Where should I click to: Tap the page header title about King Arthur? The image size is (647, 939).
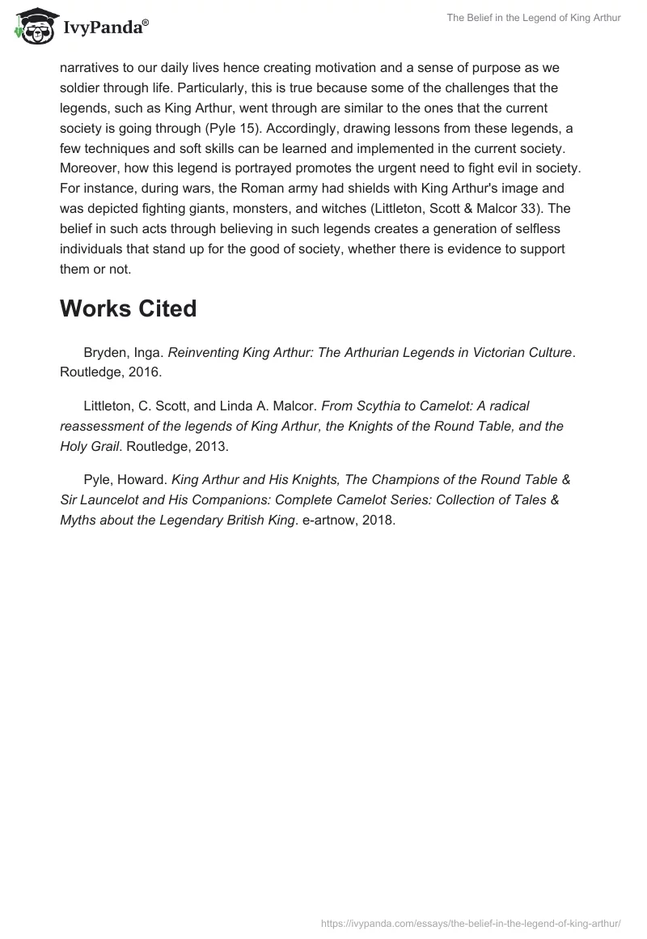tap(533, 18)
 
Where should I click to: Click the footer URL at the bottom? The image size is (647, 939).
tap(471, 922)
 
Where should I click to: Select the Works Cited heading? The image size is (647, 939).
tap(128, 308)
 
